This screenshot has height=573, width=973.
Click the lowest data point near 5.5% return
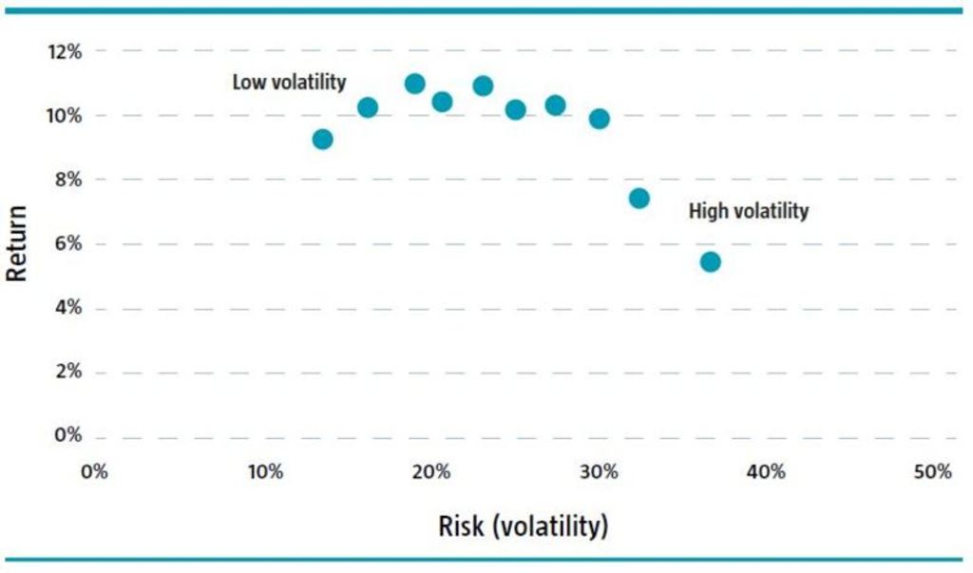(x=710, y=261)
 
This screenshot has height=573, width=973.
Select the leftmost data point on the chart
(x=322, y=139)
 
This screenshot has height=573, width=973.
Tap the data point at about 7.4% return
(x=639, y=198)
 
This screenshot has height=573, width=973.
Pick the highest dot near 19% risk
(x=414, y=84)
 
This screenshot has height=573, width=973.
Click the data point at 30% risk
(x=599, y=119)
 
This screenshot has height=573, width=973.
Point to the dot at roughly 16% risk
(x=368, y=107)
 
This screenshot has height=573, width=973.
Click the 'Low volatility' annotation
(x=289, y=83)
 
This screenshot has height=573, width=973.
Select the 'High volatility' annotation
(x=748, y=211)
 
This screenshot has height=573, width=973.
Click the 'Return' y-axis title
(x=16, y=242)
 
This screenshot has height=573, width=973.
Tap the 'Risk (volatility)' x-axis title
(x=522, y=525)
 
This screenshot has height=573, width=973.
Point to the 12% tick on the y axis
(x=65, y=51)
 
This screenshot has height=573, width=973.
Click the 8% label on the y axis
(x=68, y=180)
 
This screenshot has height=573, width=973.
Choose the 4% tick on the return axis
(x=68, y=308)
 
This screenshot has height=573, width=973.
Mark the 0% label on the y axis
(x=68, y=436)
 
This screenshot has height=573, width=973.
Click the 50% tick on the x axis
(x=932, y=472)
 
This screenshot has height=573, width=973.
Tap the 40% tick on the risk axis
(x=765, y=472)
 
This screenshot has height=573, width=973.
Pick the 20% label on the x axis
(x=430, y=472)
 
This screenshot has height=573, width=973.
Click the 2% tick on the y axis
(x=68, y=372)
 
